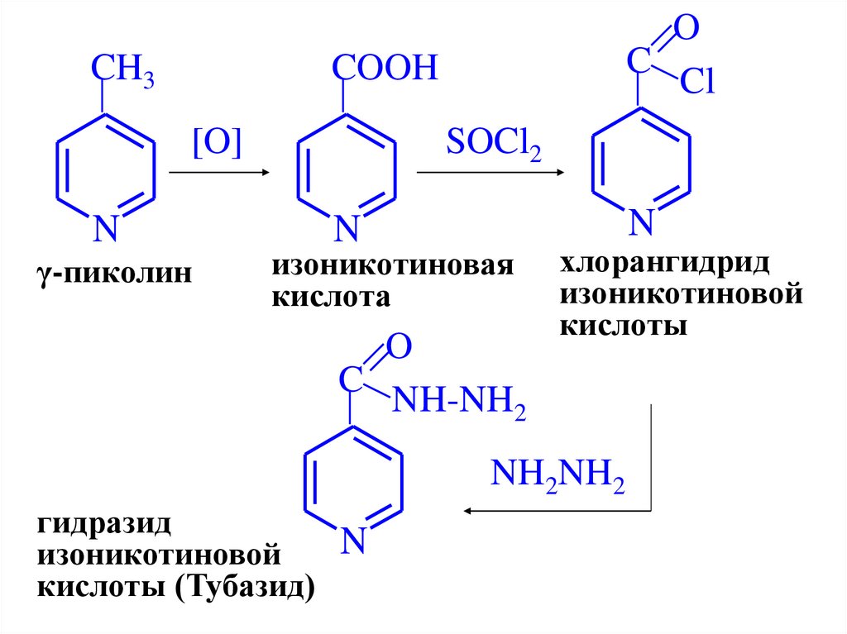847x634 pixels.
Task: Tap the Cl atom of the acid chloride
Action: [x=697, y=83]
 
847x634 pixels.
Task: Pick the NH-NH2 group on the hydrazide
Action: [x=458, y=404]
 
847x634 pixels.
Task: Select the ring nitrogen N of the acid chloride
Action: [x=641, y=222]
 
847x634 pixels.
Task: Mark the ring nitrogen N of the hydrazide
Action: [x=354, y=541]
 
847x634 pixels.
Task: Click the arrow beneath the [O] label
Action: [x=219, y=173]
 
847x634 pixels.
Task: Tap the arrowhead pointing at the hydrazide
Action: [x=469, y=511]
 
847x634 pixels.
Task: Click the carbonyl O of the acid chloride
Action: [x=684, y=30]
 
